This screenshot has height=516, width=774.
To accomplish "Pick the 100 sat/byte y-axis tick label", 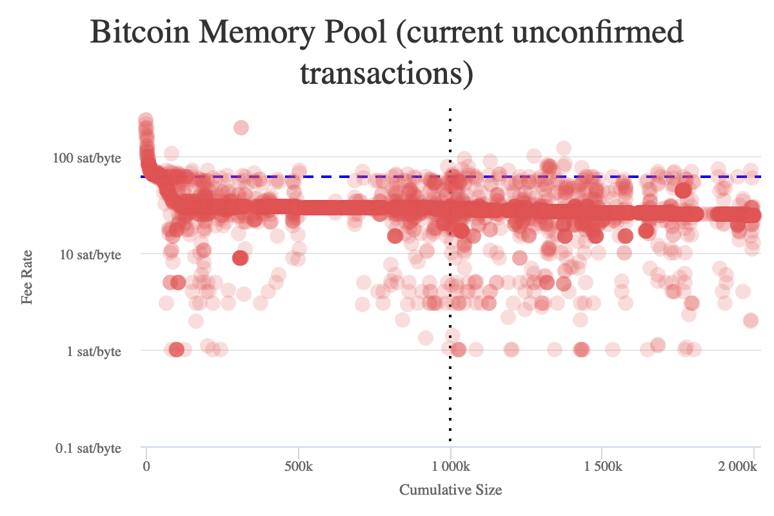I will [89, 157].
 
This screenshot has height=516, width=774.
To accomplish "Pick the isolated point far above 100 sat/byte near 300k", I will [241, 128].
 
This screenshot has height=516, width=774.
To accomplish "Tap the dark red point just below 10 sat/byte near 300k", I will [240, 258].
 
